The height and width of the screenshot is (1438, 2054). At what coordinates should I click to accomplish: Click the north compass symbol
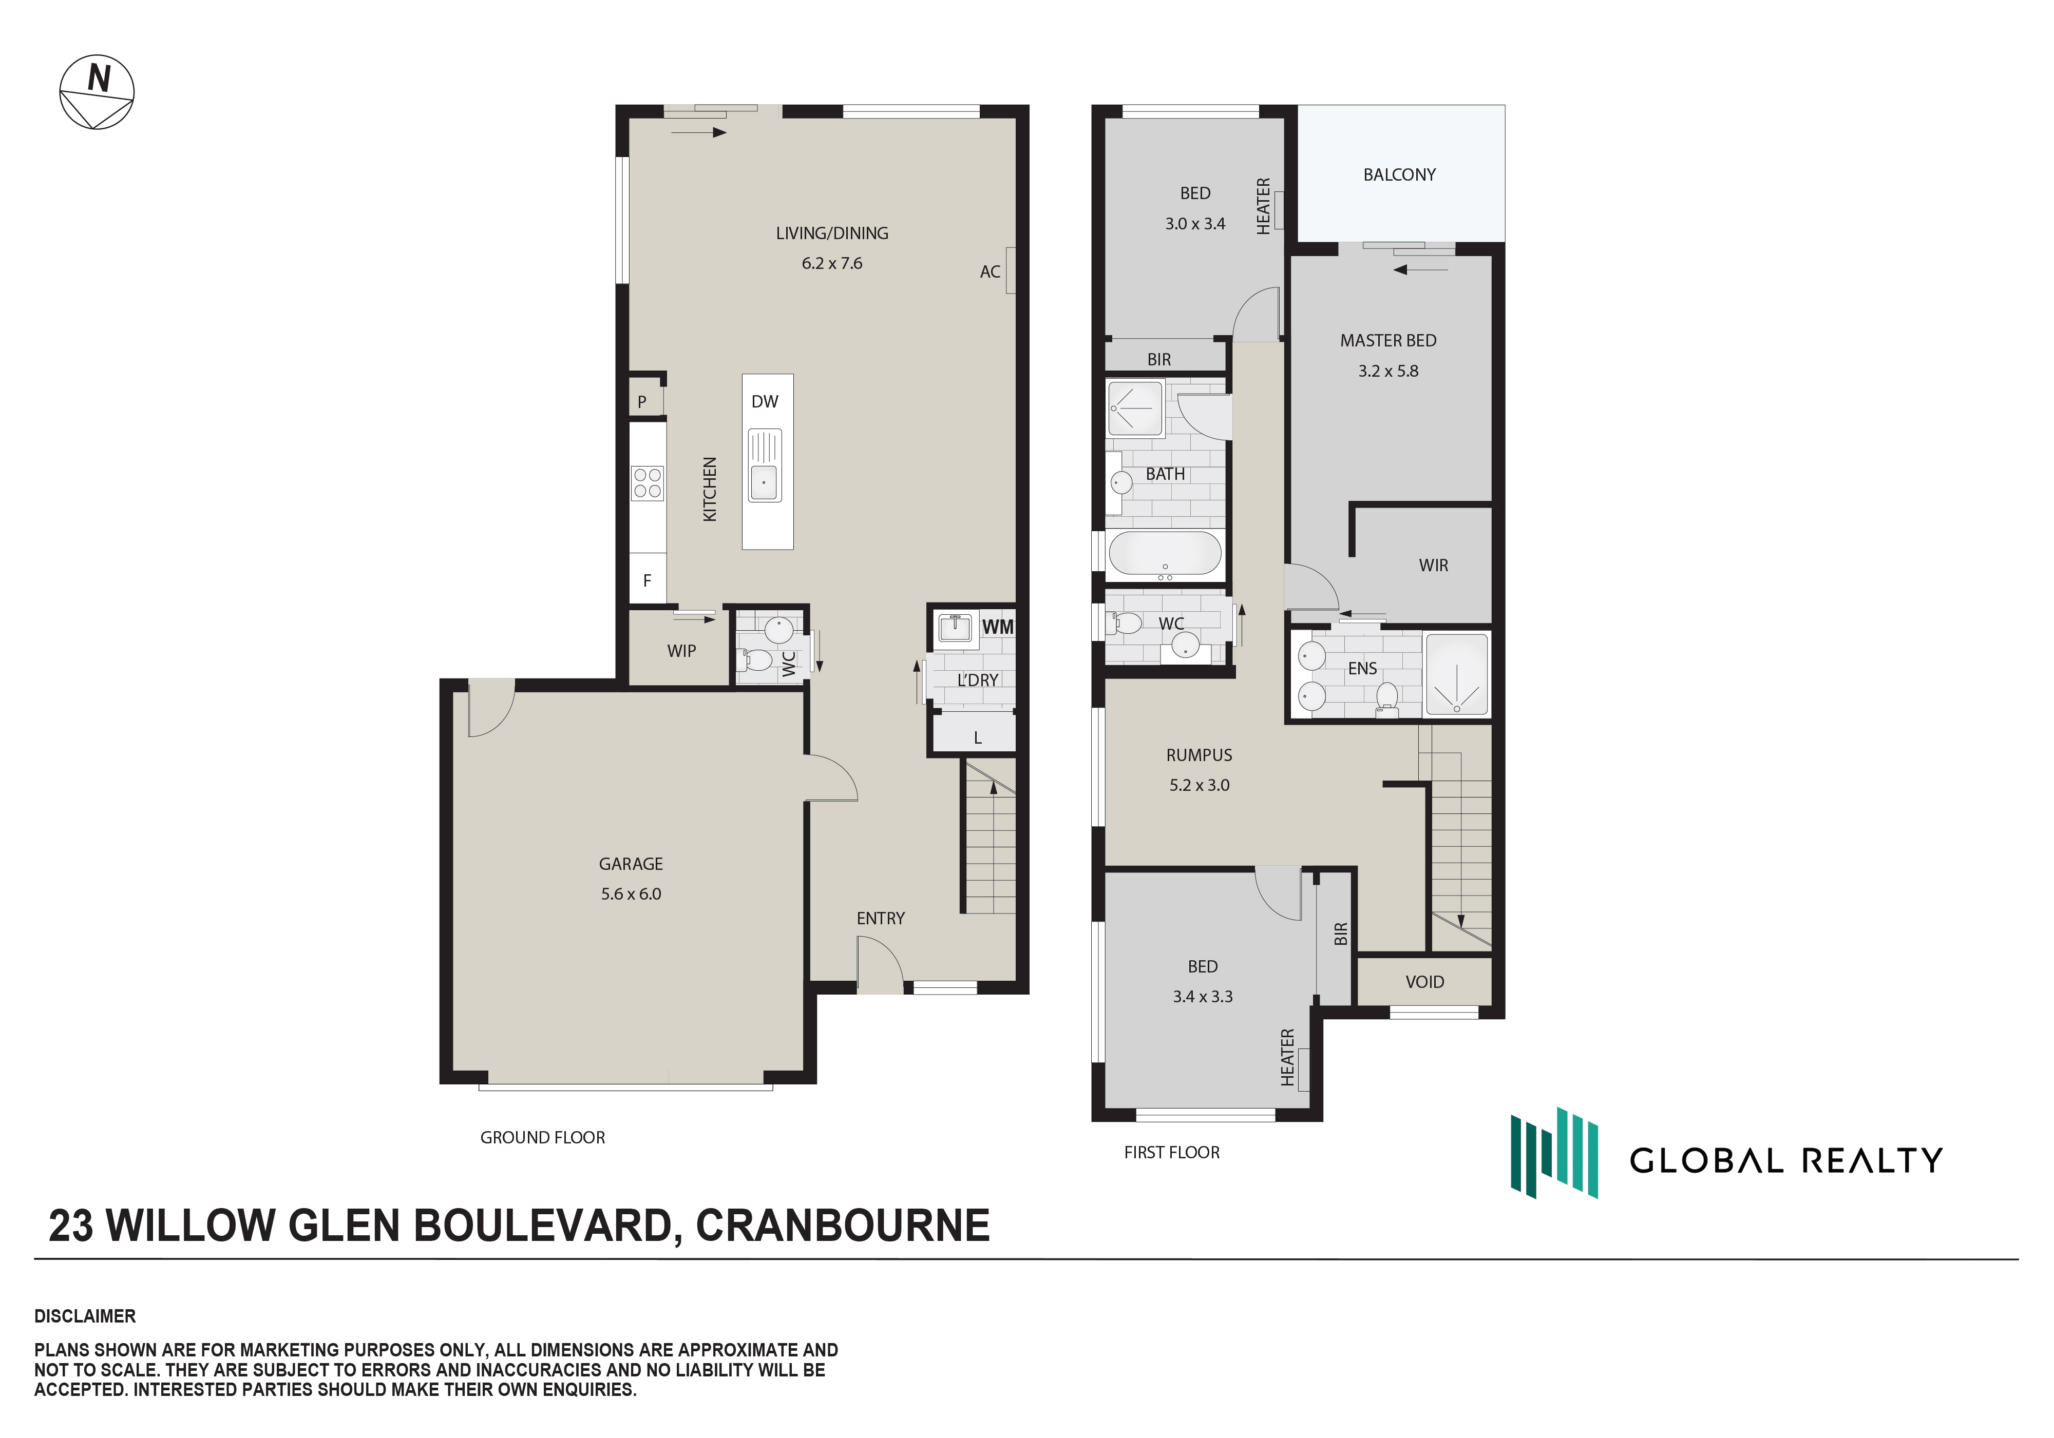(97, 92)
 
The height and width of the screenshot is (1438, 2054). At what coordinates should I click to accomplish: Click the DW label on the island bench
(765, 401)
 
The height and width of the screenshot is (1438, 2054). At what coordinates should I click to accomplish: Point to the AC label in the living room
(990, 272)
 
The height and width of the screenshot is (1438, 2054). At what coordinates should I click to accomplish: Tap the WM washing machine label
(998, 627)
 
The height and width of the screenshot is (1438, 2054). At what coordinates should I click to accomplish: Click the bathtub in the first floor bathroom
(1165, 554)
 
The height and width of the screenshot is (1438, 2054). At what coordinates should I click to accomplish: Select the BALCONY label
(1399, 174)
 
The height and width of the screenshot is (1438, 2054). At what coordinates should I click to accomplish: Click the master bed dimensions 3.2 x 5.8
(1389, 371)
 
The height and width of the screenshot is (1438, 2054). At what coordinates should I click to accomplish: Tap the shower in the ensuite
(1456, 674)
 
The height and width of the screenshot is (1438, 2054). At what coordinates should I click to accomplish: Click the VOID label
(1424, 982)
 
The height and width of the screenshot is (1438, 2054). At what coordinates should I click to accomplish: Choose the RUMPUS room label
(1199, 755)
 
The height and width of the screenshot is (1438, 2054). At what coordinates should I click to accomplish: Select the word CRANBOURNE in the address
(843, 1225)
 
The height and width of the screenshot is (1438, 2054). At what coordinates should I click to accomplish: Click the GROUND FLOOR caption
(542, 1138)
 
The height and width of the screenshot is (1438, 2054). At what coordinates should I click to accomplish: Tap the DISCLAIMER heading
(85, 1316)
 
